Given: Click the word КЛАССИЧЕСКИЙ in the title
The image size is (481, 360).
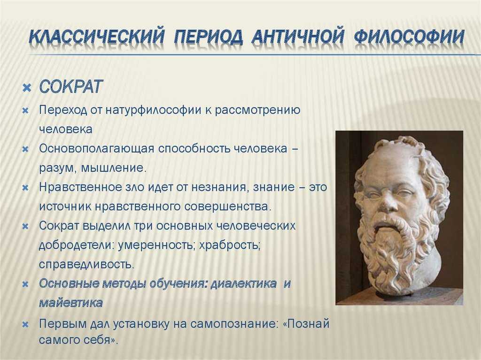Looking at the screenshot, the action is [x=97, y=37].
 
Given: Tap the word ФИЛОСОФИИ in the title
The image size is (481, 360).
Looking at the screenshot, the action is [x=409, y=37].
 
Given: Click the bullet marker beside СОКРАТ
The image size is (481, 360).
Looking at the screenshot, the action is [x=27, y=88].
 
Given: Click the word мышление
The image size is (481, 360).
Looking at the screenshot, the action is [x=114, y=168].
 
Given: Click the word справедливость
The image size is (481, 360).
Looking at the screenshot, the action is [x=87, y=264].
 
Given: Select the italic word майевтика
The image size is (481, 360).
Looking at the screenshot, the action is [x=71, y=303].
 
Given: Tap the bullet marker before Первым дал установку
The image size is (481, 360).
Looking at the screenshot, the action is [x=26, y=324].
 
